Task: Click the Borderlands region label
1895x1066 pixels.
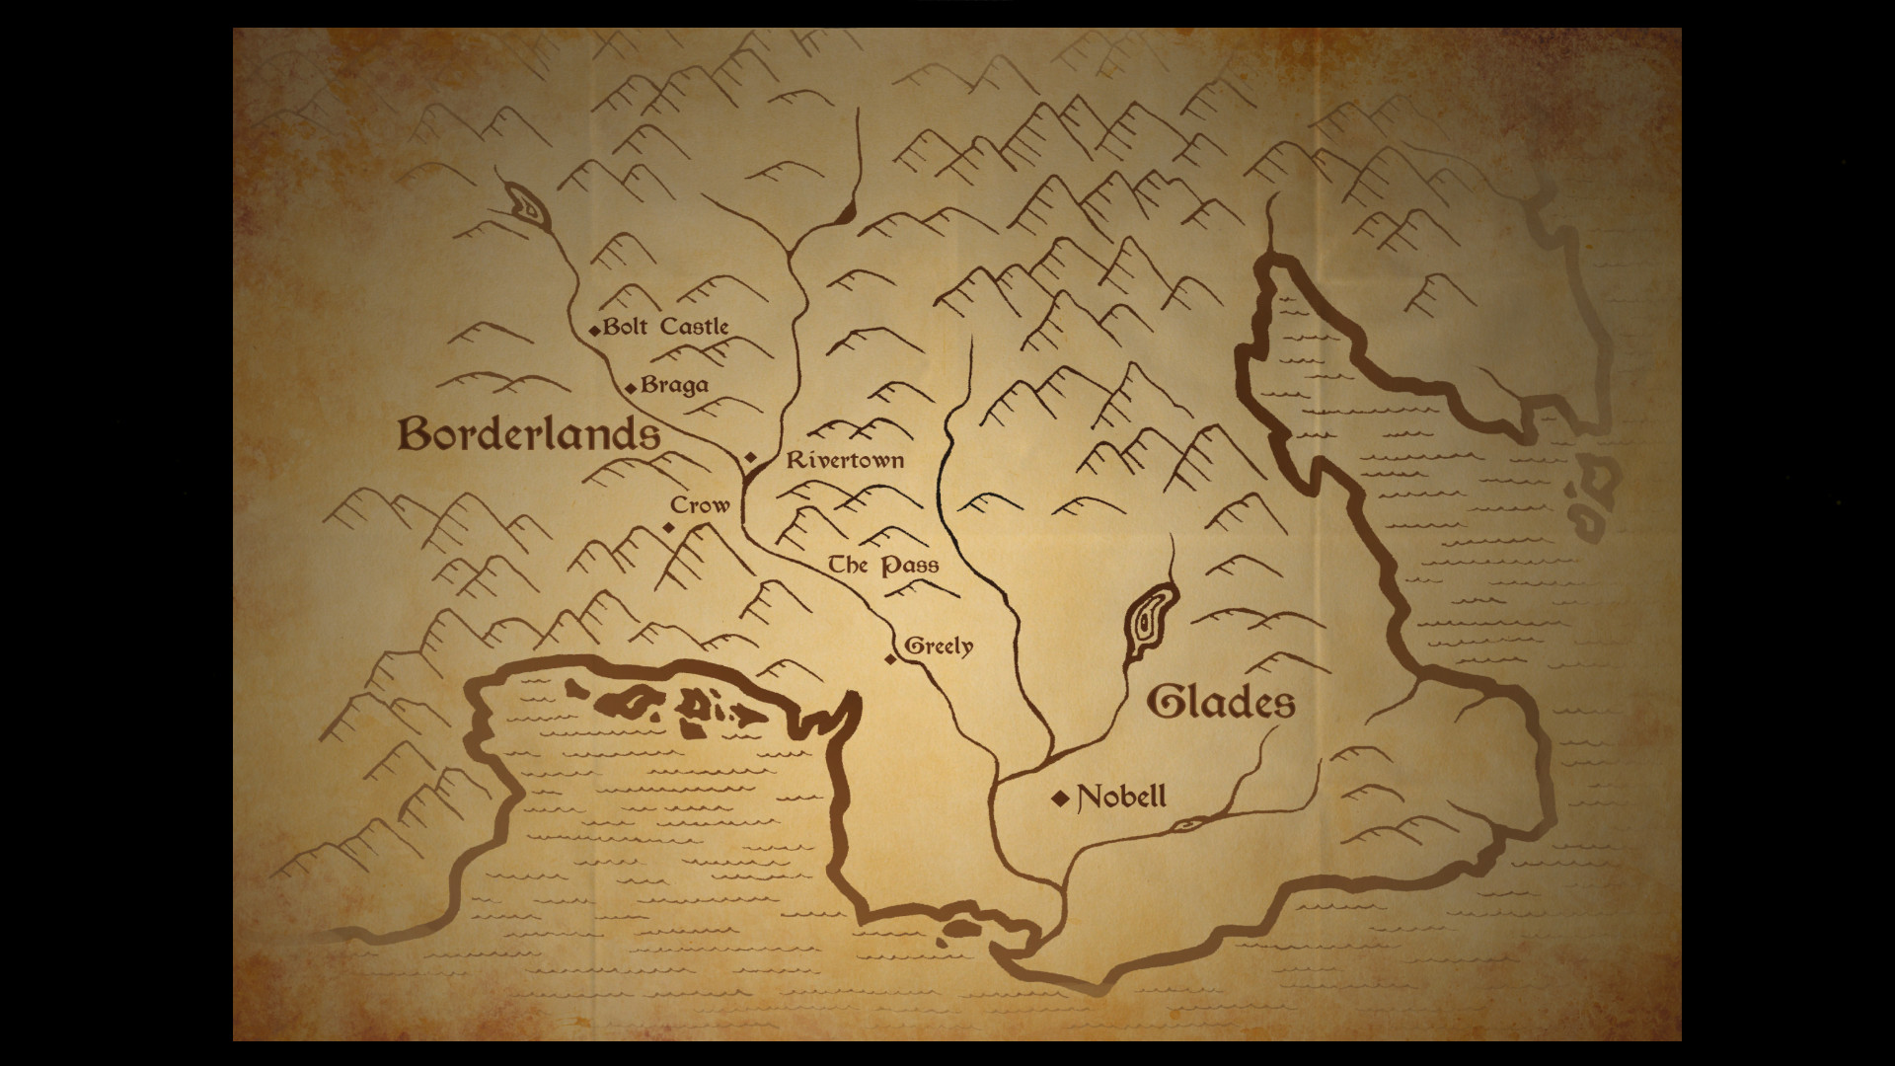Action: [529, 434]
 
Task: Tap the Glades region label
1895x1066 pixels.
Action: [1221, 703]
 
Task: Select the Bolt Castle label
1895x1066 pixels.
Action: [666, 327]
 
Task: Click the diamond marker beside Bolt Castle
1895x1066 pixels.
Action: [594, 331]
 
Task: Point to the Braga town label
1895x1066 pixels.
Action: [674, 385]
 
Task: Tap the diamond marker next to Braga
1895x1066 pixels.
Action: [631, 388]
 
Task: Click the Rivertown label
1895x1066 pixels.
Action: [845, 460]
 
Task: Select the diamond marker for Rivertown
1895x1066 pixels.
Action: [750, 458]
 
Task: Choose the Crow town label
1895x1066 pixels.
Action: [700, 505]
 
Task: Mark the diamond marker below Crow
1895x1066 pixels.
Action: [668, 528]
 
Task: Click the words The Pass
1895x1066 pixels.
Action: [882, 566]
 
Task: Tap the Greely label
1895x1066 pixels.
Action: [939, 647]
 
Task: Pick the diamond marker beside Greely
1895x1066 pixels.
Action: [890, 659]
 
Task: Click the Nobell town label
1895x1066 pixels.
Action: [1121, 797]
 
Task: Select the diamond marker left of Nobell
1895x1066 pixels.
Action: [1061, 799]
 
